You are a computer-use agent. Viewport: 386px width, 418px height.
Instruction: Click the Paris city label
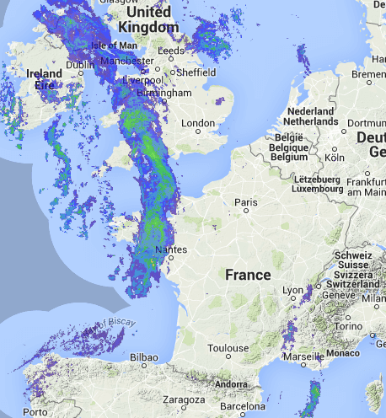click(246, 202)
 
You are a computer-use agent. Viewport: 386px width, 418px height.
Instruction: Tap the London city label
click(199, 124)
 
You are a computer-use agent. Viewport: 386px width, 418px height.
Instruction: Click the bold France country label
click(248, 275)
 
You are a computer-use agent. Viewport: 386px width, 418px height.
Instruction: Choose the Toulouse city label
click(228, 347)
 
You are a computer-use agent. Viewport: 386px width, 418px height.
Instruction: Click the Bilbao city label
click(144, 358)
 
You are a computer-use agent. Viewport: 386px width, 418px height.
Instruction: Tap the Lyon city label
click(292, 290)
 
